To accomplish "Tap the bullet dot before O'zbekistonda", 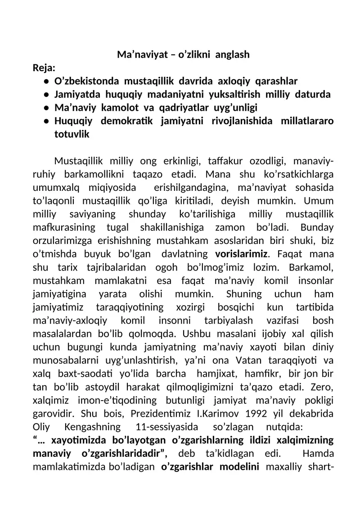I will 46,82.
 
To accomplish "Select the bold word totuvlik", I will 72,135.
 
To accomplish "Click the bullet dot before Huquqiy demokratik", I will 46,122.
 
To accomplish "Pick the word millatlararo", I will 306,122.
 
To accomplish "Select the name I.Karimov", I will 240,412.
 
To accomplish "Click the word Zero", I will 323,386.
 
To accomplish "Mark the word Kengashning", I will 93,425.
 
